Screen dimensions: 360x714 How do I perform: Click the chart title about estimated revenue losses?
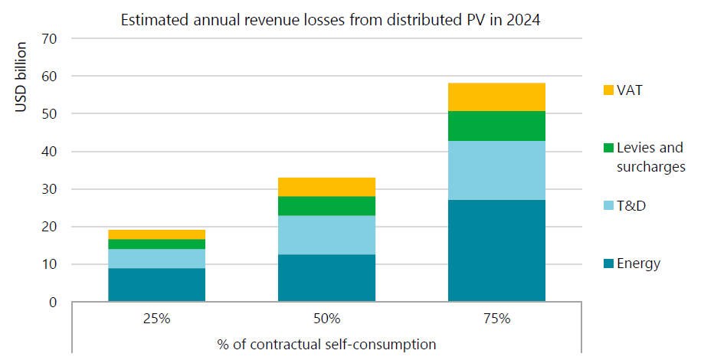coord(330,21)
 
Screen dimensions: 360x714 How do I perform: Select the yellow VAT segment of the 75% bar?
coord(496,97)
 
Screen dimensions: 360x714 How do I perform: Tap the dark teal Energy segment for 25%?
coord(156,284)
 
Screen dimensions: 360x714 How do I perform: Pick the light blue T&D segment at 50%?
coord(326,234)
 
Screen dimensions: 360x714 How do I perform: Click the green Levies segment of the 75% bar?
coord(496,126)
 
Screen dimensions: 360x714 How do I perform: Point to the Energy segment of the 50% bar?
coord(326,278)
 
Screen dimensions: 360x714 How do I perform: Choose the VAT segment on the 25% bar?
coord(156,234)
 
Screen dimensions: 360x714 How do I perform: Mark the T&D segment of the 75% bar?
coord(496,170)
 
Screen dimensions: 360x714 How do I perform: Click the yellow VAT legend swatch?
coord(608,90)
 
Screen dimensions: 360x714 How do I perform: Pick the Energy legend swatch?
coord(608,264)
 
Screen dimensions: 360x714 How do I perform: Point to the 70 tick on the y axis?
coord(51,38)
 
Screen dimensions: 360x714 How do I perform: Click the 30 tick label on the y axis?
coord(51,189)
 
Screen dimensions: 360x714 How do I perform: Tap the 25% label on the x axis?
coord(156,319)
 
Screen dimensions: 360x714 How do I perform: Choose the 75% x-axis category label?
coord(496,319)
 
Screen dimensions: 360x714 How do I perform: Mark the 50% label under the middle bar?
coord(326,319)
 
